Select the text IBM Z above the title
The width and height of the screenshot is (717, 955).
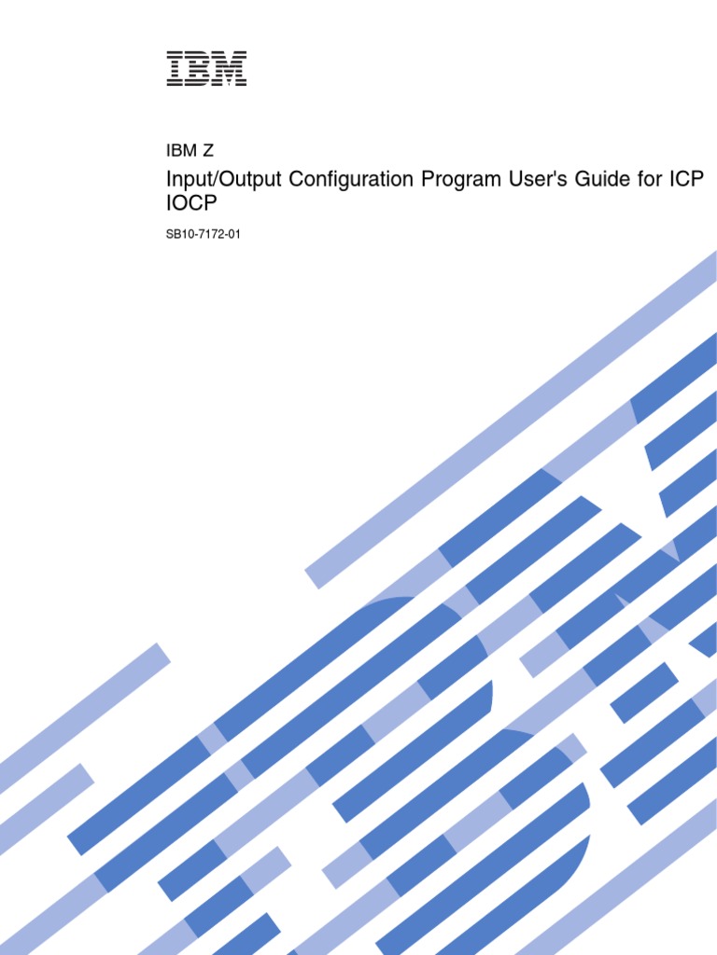pos(190,151)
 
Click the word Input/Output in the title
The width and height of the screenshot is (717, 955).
pos(211,181)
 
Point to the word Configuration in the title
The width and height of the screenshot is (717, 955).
pos(336,181)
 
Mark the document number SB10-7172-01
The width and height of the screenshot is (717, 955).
pos(204,234)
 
